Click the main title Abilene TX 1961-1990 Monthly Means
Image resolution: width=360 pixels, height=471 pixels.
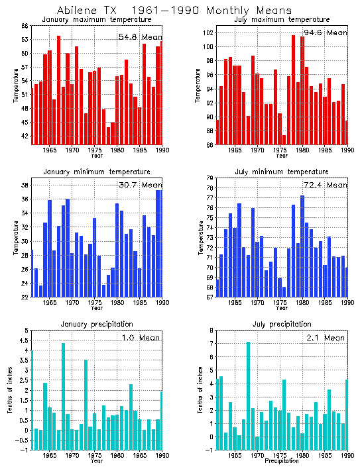click(x=174, y=11)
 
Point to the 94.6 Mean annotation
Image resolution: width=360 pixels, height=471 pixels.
click(x=325, y=32)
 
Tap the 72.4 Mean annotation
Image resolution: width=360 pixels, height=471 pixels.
click(x=325, y=185)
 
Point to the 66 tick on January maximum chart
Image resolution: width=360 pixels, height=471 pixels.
click(x=24, y=26)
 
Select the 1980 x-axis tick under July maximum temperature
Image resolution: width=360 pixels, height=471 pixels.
click(x=302, y=150)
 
